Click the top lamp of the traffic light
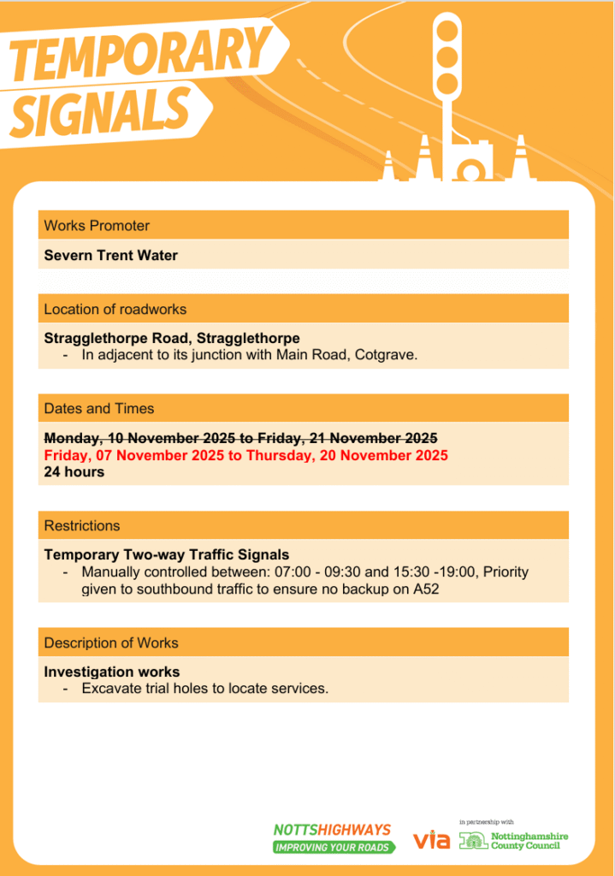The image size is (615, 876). coord(446,30)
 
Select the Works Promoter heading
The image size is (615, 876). coord(97,226)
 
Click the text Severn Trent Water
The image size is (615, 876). coord(111,255)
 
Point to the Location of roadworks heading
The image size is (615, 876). coord(115,309)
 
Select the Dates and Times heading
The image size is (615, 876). coord(98,408)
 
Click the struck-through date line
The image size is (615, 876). coord(240,438)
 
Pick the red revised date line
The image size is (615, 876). coord(245,455)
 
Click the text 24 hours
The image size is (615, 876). coord(74,472)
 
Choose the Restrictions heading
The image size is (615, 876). coord(82,525)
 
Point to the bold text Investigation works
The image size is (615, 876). coord(112,672)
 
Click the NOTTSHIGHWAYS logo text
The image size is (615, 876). coord(332,830)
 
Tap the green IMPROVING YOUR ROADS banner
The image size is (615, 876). coord(334,847)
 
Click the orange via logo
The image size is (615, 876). coord(431,840)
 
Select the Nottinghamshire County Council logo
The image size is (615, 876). coord(514,841)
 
